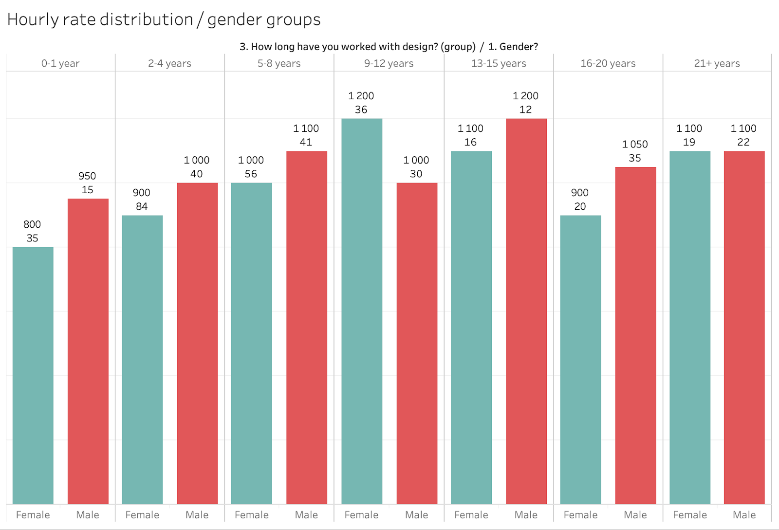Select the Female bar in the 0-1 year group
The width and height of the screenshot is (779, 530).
33,375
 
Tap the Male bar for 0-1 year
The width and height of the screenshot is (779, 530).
88,350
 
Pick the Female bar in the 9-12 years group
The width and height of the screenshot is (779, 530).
362,311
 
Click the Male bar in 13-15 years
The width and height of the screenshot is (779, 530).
526,311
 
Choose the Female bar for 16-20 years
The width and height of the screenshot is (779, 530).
580,360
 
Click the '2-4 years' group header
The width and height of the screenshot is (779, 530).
169,63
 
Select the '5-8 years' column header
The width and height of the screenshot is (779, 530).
279,63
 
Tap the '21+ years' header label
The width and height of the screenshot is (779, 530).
717,63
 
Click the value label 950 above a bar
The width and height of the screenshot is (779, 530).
87,176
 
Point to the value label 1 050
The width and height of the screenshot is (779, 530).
635,144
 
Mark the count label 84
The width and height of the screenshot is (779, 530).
142,206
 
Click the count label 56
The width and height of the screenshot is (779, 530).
251,174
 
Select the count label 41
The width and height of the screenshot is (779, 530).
306,142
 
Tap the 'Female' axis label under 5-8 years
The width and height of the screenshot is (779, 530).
251,515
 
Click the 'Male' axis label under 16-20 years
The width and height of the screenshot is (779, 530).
635,515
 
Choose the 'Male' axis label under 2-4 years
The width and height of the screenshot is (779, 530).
197,515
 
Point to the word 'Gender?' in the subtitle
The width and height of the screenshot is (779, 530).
519,47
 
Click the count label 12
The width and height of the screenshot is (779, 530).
525,110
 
